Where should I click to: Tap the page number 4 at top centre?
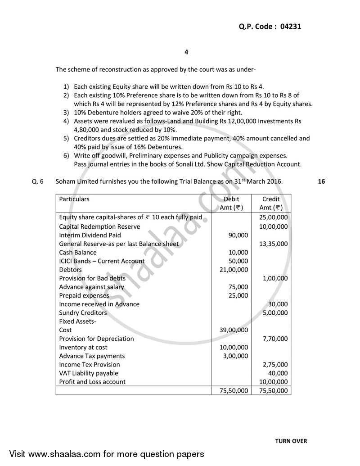pyautogui.click(x=186, y=52)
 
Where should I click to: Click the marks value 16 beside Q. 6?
pyautogui.click(x=321, y=181)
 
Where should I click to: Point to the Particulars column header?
pyautogui.click(x=74, y=199)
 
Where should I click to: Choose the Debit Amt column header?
pyautogui.click(x=232, y=203)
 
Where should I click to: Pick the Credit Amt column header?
pyautogui.click(x=271, y=203)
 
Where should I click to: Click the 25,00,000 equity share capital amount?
pyautogui.click(x=274, y=218)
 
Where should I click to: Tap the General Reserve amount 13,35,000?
pyautogui.click(x=274, y=244)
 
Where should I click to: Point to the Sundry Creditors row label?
pyautogui.click(x=83, y=312)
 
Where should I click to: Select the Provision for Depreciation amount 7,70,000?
pyautogui.click(x=275, y=339)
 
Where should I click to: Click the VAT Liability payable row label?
pyautogui.click(x=89, y=373)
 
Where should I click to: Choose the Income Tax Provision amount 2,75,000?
pyautogui.click(x=275, y=364)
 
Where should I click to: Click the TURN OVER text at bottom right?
pyautogui.click(x=291, y=441)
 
